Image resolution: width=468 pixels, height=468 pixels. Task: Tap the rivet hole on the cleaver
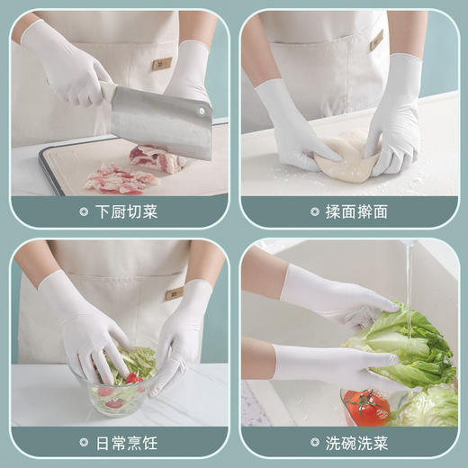(200, 109)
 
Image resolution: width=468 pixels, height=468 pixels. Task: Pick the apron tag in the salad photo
(174, 293)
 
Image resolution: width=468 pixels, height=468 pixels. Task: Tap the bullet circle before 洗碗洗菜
(314, 442)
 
